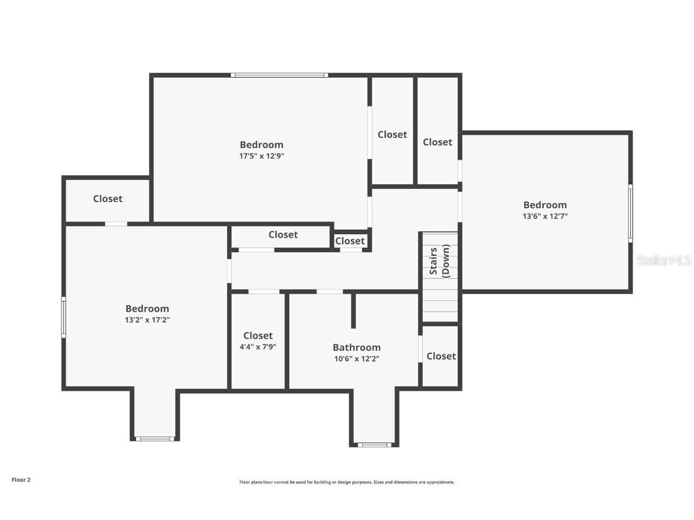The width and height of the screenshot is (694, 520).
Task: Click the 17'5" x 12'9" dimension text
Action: pyautogui.click(x=261, y=156)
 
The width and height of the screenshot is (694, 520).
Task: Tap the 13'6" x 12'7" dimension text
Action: pyautogui.click(x=545, y=216)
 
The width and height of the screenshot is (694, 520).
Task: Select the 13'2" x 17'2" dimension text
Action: pyautogui.click(x=147, y=320)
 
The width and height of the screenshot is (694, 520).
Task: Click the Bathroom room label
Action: pyautogui.click(x=357, y=347)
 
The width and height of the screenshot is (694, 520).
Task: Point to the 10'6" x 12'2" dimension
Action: pyautogui.click(x=357, y=359)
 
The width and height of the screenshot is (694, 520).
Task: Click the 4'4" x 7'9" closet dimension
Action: pyautogui.click(x=258, y=347)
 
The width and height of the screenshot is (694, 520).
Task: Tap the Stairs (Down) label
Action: pyautogui.click(x=440, y=260)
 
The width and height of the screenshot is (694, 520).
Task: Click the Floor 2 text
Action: pyautogui.click(x=20, y=480)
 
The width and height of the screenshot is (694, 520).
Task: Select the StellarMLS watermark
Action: pyautogui.click(x=664, y=260)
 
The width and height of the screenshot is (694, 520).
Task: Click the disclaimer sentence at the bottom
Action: pyautogui.click(x=347, y=482)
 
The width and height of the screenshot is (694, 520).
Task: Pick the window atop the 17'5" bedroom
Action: pyautogui.click(x=280, y=75)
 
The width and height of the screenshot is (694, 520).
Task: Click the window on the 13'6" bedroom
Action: pyautogui.click(x=631, y=213)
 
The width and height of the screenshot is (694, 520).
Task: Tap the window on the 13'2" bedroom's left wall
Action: pyautogui.click(x=64, y=317)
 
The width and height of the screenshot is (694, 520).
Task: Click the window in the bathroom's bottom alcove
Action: pyautogui.click(x=374, y=445)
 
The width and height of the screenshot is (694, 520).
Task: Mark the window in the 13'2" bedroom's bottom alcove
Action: pyautogui.click(x=155, y=439)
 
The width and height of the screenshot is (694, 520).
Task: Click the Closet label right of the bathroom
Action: pyautogui.click(x=441, y=356)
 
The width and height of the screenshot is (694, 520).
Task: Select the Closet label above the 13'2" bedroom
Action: pyautogui.click(x=108, y=199)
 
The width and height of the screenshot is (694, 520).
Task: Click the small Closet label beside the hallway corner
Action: pyautogui.click(x=350, y=241)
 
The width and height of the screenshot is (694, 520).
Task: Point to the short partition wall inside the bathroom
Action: pyautogui.click(x=354, y=311)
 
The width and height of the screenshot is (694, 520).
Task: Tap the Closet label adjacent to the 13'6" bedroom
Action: pyautogui.click(x=437, y=142)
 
